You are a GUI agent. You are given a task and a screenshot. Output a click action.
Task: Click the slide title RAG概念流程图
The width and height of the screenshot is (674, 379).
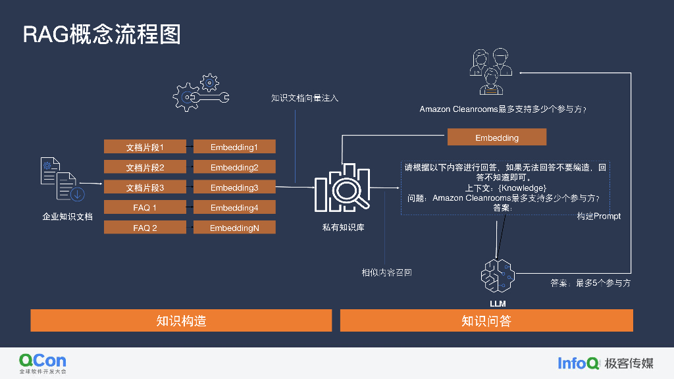[x=102, y=34]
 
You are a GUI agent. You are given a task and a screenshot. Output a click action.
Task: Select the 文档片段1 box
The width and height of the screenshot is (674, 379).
[x=145, y=147]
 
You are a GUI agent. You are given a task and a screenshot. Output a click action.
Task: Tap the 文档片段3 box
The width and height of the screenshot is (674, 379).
[x=145, y=188]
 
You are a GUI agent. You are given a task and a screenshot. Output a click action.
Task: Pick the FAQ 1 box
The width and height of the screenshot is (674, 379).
[x=145, y=208]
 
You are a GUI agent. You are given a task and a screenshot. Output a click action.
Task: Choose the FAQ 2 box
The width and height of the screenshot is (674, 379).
[x=145, y=228]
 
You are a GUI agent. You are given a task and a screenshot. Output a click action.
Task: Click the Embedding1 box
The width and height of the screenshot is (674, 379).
[x=234, y=147]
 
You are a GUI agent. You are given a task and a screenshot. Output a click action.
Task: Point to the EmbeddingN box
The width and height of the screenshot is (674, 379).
[x=234, y=228]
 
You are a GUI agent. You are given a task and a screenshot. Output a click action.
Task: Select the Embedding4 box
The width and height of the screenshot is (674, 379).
[x=234, y=208]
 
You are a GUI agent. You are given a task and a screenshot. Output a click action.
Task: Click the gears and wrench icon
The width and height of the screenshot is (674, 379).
[x=201, y=93]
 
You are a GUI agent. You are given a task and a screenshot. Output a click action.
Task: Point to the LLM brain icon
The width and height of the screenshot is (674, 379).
[x=497, y=276]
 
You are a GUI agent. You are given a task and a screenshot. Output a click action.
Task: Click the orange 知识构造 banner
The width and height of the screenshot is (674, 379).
[x=181, y=320]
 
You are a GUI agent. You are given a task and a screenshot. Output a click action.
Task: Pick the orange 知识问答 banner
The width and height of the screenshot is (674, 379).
[x=486, y=320]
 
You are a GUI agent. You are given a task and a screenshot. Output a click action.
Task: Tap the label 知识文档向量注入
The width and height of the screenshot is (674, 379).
[x=305, y=98]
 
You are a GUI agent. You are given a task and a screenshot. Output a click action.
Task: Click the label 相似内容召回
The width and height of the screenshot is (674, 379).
[x=386, y=272]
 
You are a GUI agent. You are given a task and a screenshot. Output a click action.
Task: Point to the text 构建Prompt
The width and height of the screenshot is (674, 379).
[x=598, y=216]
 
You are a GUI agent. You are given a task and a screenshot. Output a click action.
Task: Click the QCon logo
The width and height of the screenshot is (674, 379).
[x=42, y=363]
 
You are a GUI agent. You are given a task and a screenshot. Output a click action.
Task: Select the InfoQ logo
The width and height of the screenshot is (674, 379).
[x=579, y=363]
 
